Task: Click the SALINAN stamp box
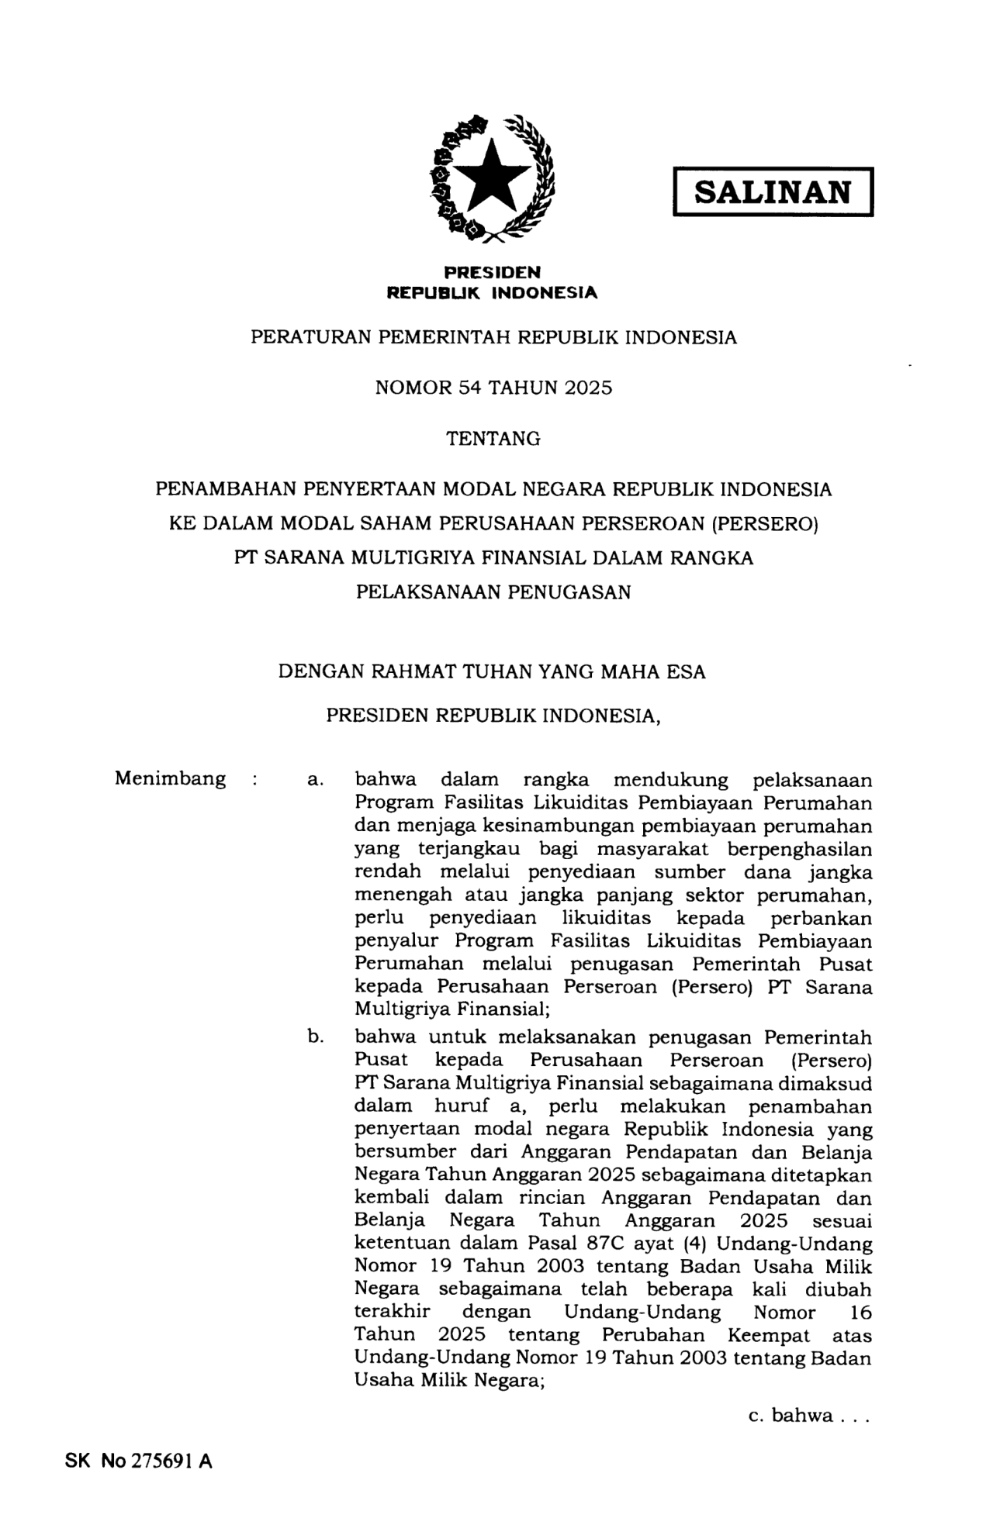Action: pos(773,191)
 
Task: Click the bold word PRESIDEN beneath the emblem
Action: pos(492,272)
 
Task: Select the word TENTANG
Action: pos(493,439)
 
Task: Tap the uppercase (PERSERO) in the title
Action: pos(764,524)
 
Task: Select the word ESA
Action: pos(686,672)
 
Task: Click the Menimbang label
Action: pos(170,778)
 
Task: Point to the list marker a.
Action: pos(313,780)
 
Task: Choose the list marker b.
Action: pos(314,1037)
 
